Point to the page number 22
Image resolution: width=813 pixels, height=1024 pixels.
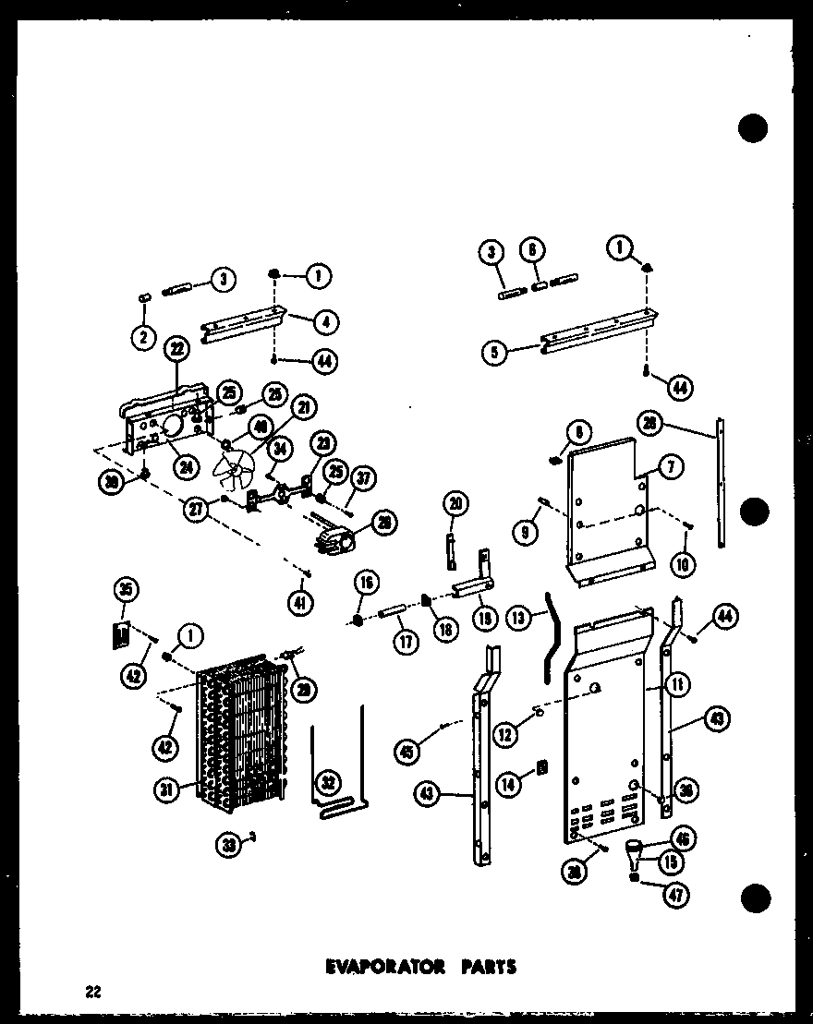click(x=92, y=993)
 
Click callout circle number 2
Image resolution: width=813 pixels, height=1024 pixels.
click(x=142, y=338)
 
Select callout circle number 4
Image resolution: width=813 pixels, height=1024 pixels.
click(x=326, y=322)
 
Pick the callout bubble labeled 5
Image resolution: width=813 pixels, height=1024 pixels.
click(x=496, y=352)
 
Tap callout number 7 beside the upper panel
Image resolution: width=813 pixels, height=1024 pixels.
click(x=672, y=466)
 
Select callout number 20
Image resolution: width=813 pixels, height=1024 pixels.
click(x=455, y=503)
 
